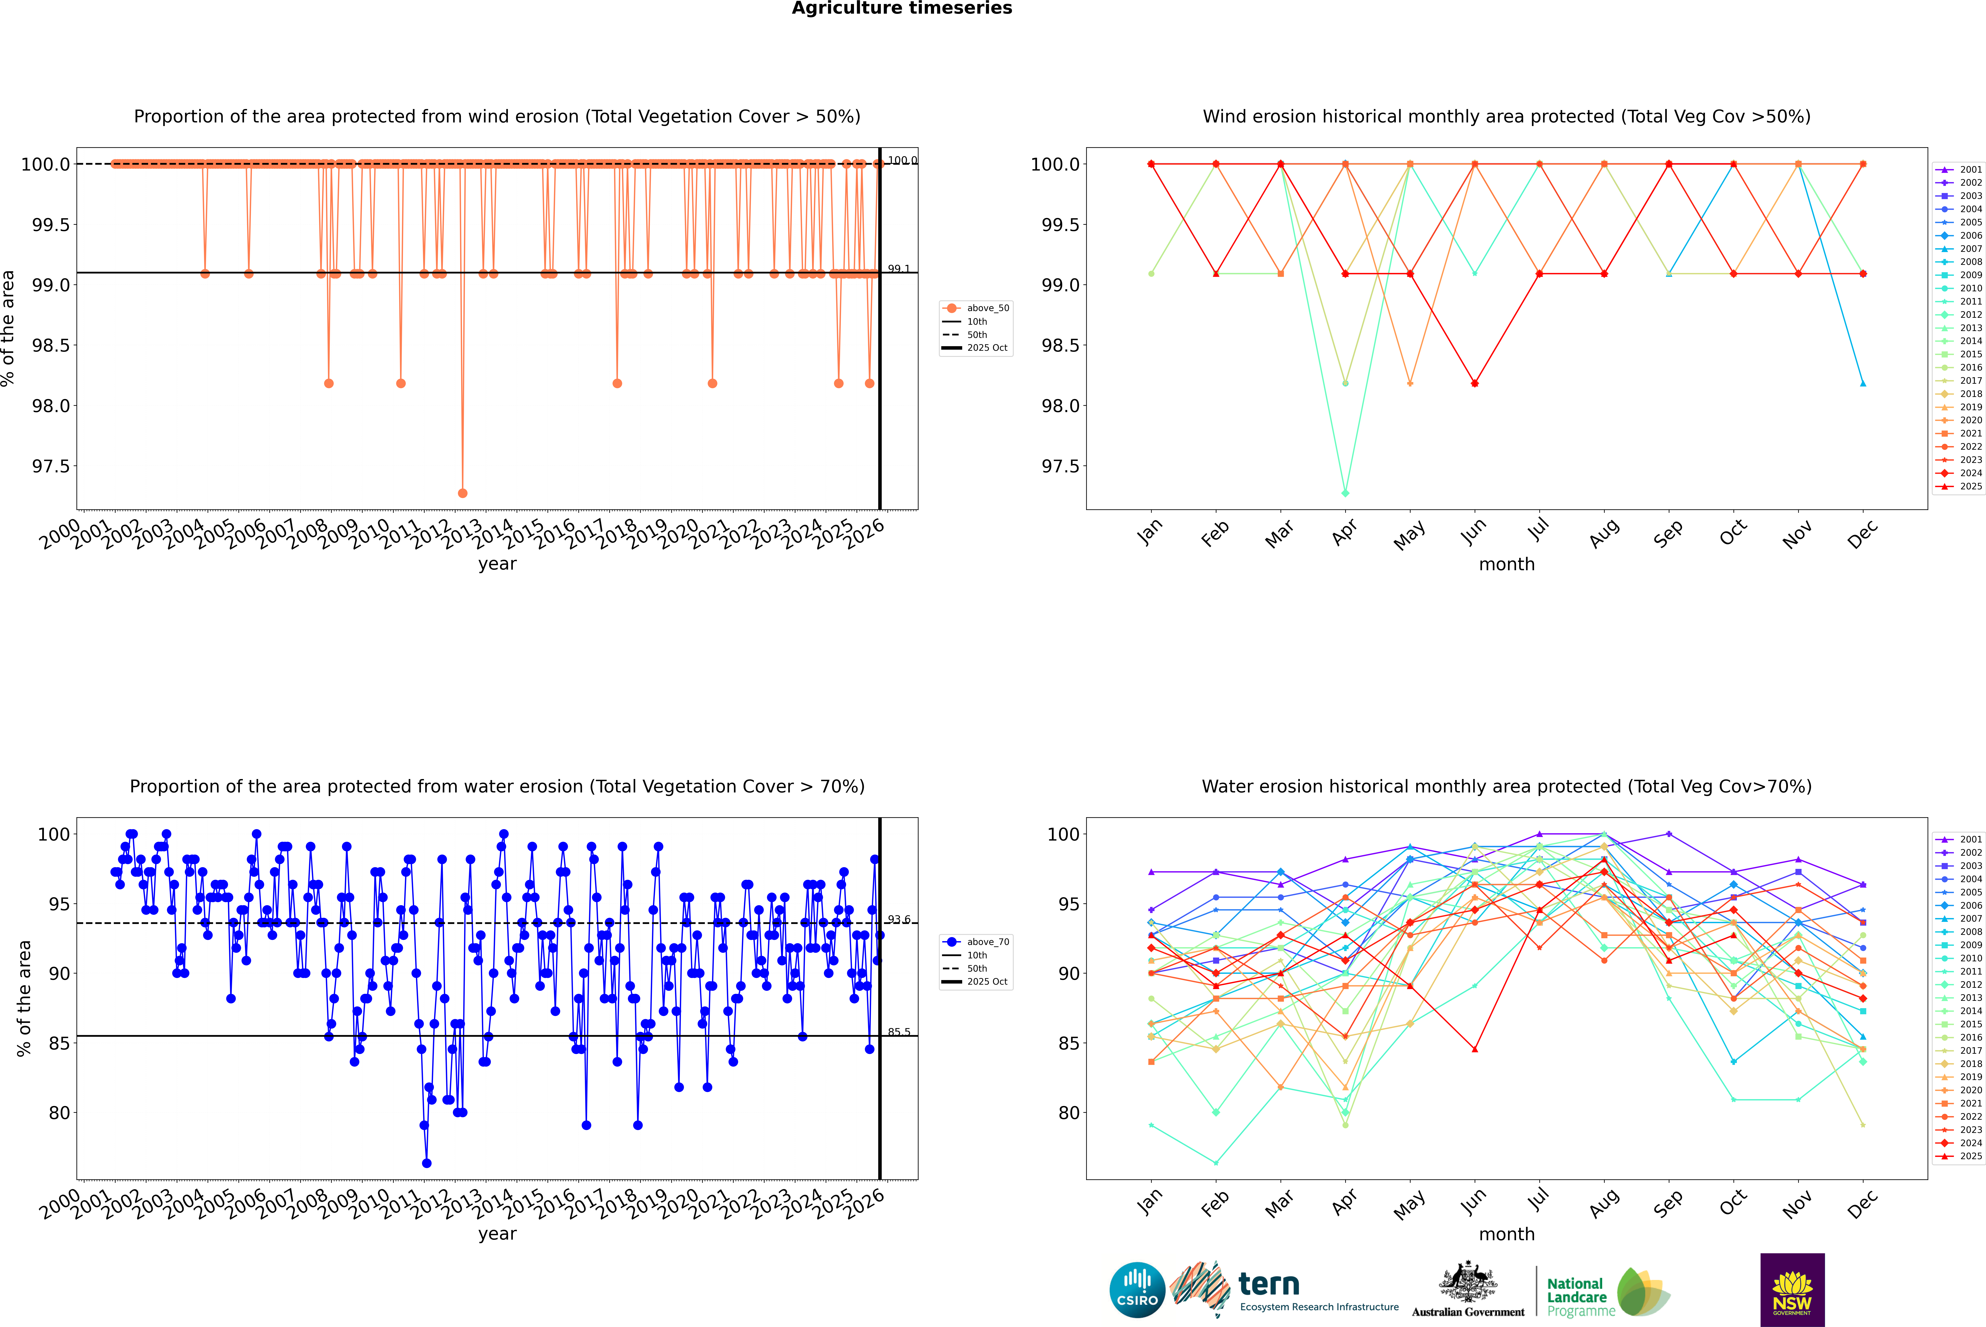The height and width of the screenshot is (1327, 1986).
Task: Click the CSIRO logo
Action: [1137, 1290]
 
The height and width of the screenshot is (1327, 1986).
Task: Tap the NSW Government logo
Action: [1792, 1290]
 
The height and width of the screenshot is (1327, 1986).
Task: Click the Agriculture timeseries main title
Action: [902, 8]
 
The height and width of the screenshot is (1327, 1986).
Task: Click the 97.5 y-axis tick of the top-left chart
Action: [51, 466]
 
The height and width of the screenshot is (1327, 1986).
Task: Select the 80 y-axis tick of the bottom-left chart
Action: [59, 1113]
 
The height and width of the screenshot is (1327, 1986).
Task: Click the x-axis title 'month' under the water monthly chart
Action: [1507, 1234]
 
